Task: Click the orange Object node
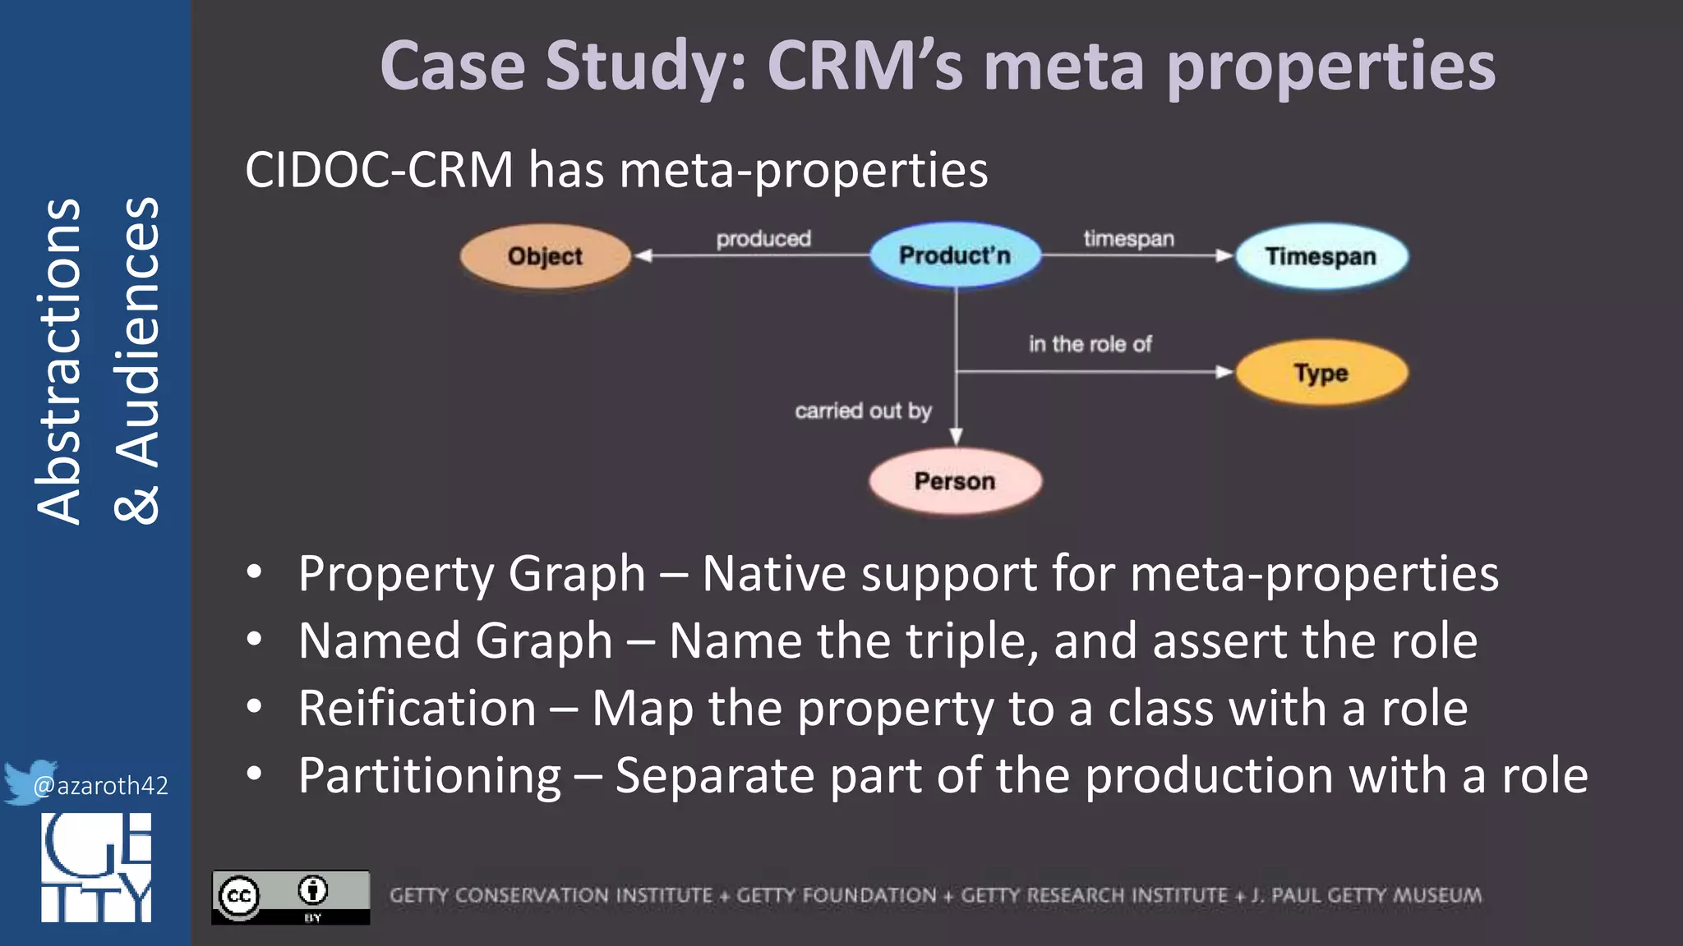[545, 256]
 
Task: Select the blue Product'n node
[955, 255]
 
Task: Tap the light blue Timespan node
[1321, 256]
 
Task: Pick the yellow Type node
[1321, 373]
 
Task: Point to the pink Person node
[955, 480]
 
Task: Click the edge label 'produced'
[763, 239]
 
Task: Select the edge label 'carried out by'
[863, 411]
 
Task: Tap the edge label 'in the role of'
[1090, 344]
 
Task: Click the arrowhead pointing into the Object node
[643, 256]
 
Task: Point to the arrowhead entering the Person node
[956, 436]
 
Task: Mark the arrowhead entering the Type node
[1224, 372]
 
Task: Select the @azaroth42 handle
[100, 786]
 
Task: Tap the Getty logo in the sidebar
[96, 867]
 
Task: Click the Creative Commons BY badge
[290, 897]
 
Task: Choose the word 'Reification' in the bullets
[417, 708]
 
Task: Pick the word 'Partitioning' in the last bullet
[429, 776]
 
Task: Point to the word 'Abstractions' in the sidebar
[59, 361]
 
